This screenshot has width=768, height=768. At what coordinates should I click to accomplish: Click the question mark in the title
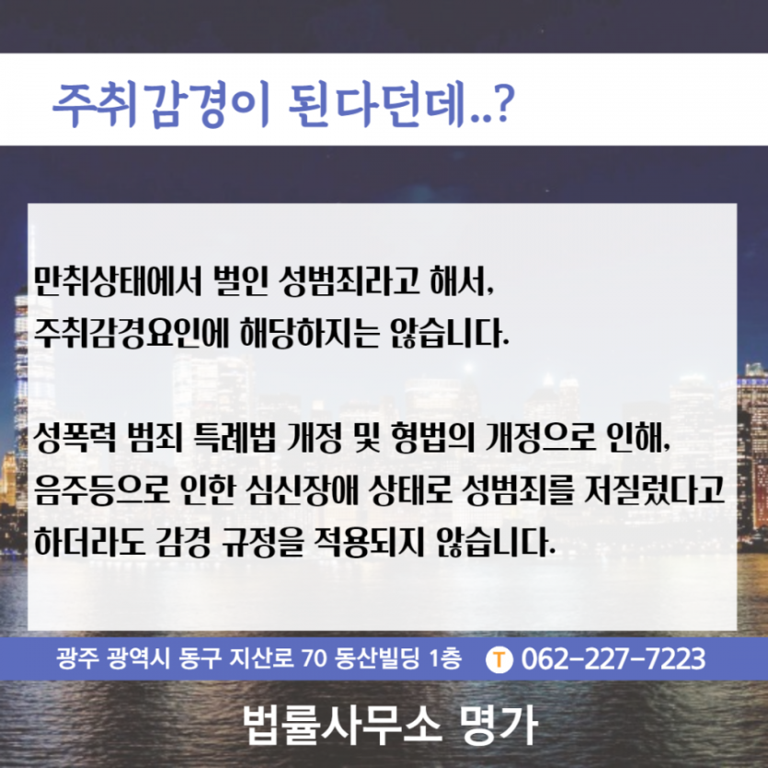[503, 103]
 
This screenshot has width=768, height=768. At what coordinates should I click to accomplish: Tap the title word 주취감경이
[162, 105]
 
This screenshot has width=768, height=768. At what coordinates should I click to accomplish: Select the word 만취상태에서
[118, 281]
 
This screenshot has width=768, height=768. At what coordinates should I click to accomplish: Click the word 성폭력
[75, 437]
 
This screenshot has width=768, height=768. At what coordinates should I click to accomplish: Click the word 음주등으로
[102, 489]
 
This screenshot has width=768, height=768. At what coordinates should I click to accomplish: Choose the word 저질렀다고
[654, 489]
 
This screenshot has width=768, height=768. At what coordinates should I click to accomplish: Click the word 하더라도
[89, 542]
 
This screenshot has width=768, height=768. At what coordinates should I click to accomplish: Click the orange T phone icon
[499, 659]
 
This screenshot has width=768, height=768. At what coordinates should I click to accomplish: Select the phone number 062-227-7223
[613, 659]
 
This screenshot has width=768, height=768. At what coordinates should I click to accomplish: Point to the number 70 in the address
[314, 659]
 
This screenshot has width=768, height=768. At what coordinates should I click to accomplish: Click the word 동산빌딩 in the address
[377, 659]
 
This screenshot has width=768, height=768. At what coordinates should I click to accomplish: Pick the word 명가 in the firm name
[499, 726]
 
